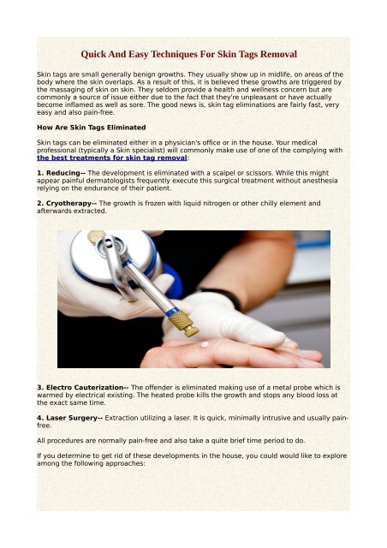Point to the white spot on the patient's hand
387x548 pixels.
205,345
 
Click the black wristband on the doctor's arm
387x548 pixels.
225,299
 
